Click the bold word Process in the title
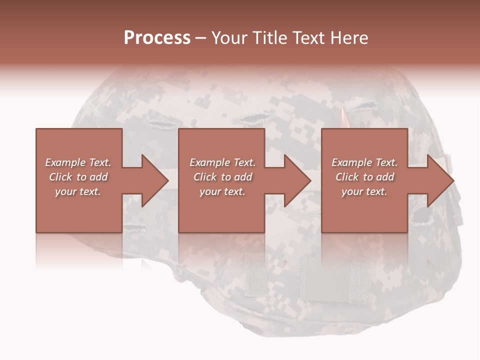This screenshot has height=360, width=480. pos(157,38)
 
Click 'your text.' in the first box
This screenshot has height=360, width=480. pos(78,191)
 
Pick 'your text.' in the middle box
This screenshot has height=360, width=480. pos(222,191)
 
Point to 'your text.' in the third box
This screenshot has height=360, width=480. pos(364,191)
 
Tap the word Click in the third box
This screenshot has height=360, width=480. pos(347,177)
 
